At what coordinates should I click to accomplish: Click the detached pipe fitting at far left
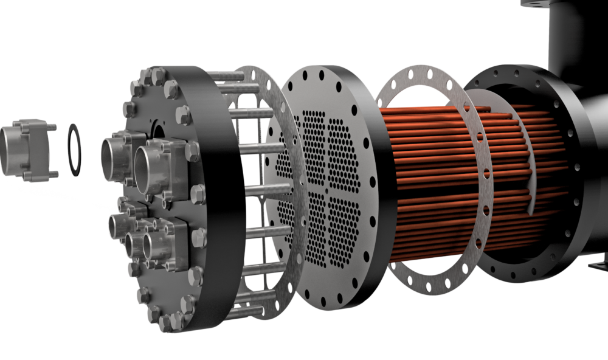pyautogui.click(x=24, y=149)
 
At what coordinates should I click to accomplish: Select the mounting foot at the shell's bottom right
pyautogui.click(x=599, y=265)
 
